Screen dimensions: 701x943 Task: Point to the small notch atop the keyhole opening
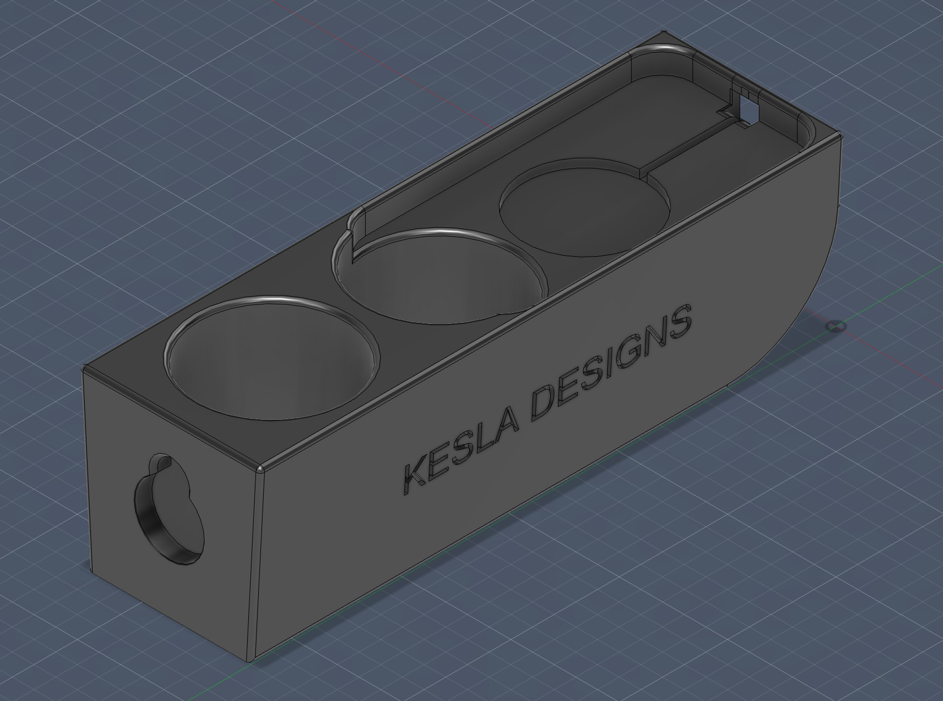point(161,461)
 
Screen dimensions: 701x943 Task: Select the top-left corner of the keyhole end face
point(84,369)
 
